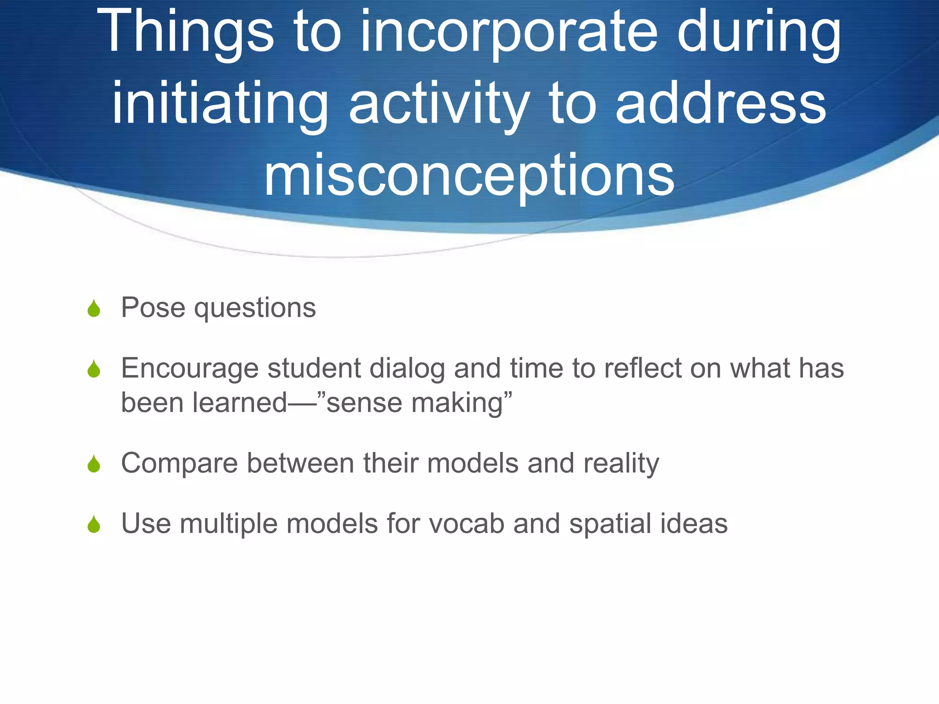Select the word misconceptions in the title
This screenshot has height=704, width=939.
(469, 176)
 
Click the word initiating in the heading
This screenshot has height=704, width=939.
(220, 104)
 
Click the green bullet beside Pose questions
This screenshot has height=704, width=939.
(94, 308)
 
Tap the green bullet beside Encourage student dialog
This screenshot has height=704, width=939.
(94, 369)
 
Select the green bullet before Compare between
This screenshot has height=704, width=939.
(94, 464)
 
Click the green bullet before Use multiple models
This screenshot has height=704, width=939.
(94, 524)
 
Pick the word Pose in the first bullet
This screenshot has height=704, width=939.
(153, 308)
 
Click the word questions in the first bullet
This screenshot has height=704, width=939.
(255, 308)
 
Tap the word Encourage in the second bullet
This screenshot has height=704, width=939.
(190, 369)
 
